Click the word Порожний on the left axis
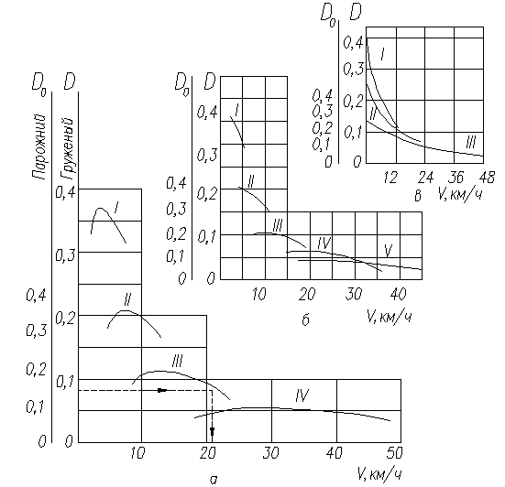click(39, 146)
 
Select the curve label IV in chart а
click(302, 395)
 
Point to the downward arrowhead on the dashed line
click(212, 432)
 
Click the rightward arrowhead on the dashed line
click(162, 390)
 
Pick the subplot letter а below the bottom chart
click(214, 481)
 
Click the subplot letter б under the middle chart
click(305, 319)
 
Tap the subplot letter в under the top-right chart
click(417, 195)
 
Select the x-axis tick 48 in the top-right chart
click(487, 178)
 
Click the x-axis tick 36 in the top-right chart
click(456, 178)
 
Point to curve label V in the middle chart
click(389, 251)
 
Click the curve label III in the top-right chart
click(471, 142)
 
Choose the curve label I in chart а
click(116, 208)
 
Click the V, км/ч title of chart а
click(379, 474)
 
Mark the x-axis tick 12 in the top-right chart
click(390, 178)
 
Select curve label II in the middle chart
click(250, 182)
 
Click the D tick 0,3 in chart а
click(65, 255)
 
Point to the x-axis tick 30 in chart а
click(271, 453)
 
